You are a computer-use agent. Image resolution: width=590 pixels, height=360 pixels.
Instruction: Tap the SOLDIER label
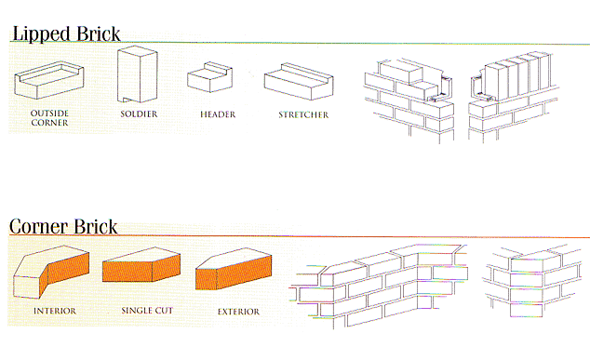(x=139, y=114)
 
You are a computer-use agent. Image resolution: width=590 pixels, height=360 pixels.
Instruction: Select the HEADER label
(x=218, y=114)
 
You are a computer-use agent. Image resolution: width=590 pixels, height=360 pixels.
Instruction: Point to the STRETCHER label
(x=303, y=114)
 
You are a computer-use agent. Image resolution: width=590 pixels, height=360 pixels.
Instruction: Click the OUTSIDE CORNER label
(x=49, y=118)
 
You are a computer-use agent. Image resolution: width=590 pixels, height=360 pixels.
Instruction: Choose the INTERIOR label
(x=55, y=311)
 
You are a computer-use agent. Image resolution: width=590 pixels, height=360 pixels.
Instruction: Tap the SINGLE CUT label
(x=147, y=311)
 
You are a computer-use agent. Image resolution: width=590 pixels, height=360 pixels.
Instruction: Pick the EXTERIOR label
(x=238, y=312)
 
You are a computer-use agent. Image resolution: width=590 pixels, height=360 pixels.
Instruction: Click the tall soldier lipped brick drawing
(x=138, y=74)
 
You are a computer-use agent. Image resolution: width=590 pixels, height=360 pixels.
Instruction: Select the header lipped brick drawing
(x=210, y=77)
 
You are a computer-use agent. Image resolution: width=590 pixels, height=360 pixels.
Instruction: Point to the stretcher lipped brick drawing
(x=299, y=81)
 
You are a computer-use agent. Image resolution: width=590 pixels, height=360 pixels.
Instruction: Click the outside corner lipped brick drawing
(x=49, y=80)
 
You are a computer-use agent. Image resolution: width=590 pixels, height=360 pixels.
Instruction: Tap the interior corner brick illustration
(x=51, y=272)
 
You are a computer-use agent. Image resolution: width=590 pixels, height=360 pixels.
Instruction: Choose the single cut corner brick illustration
(x=141, y=264)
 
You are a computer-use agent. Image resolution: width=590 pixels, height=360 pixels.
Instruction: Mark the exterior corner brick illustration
(x=234, y=269)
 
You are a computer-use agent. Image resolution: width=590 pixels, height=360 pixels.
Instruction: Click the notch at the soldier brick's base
(x=126, y=100)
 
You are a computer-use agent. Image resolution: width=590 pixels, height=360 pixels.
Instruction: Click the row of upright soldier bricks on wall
(x=517, y=75)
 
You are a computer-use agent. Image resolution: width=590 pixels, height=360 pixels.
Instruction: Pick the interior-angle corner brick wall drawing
(x=379, y=286)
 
